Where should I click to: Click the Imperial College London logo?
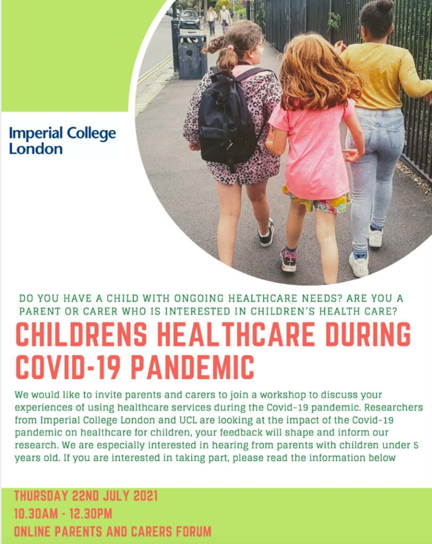pos(63,140)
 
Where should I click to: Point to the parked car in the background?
pos(190,20)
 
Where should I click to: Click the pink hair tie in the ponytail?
pos(231,47)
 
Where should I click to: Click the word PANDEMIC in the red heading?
pos(193,367)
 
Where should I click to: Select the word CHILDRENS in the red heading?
pos(81,334)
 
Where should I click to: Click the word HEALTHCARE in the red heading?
pos(235,334)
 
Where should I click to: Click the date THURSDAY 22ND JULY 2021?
pos(86,496)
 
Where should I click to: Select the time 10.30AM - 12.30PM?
pos(63,514)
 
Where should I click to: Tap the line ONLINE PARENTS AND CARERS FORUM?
pos(113,531)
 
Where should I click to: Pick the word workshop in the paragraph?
pos(283,395)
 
